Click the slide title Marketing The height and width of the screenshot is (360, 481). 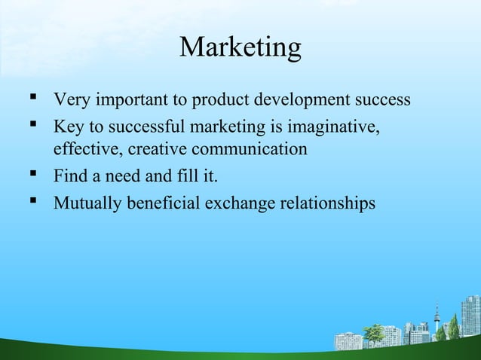240,48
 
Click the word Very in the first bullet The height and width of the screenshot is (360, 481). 70,99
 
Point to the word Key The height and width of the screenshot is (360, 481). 67,124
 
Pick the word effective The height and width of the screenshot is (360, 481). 82,149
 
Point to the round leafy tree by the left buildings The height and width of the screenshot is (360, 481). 372,332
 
